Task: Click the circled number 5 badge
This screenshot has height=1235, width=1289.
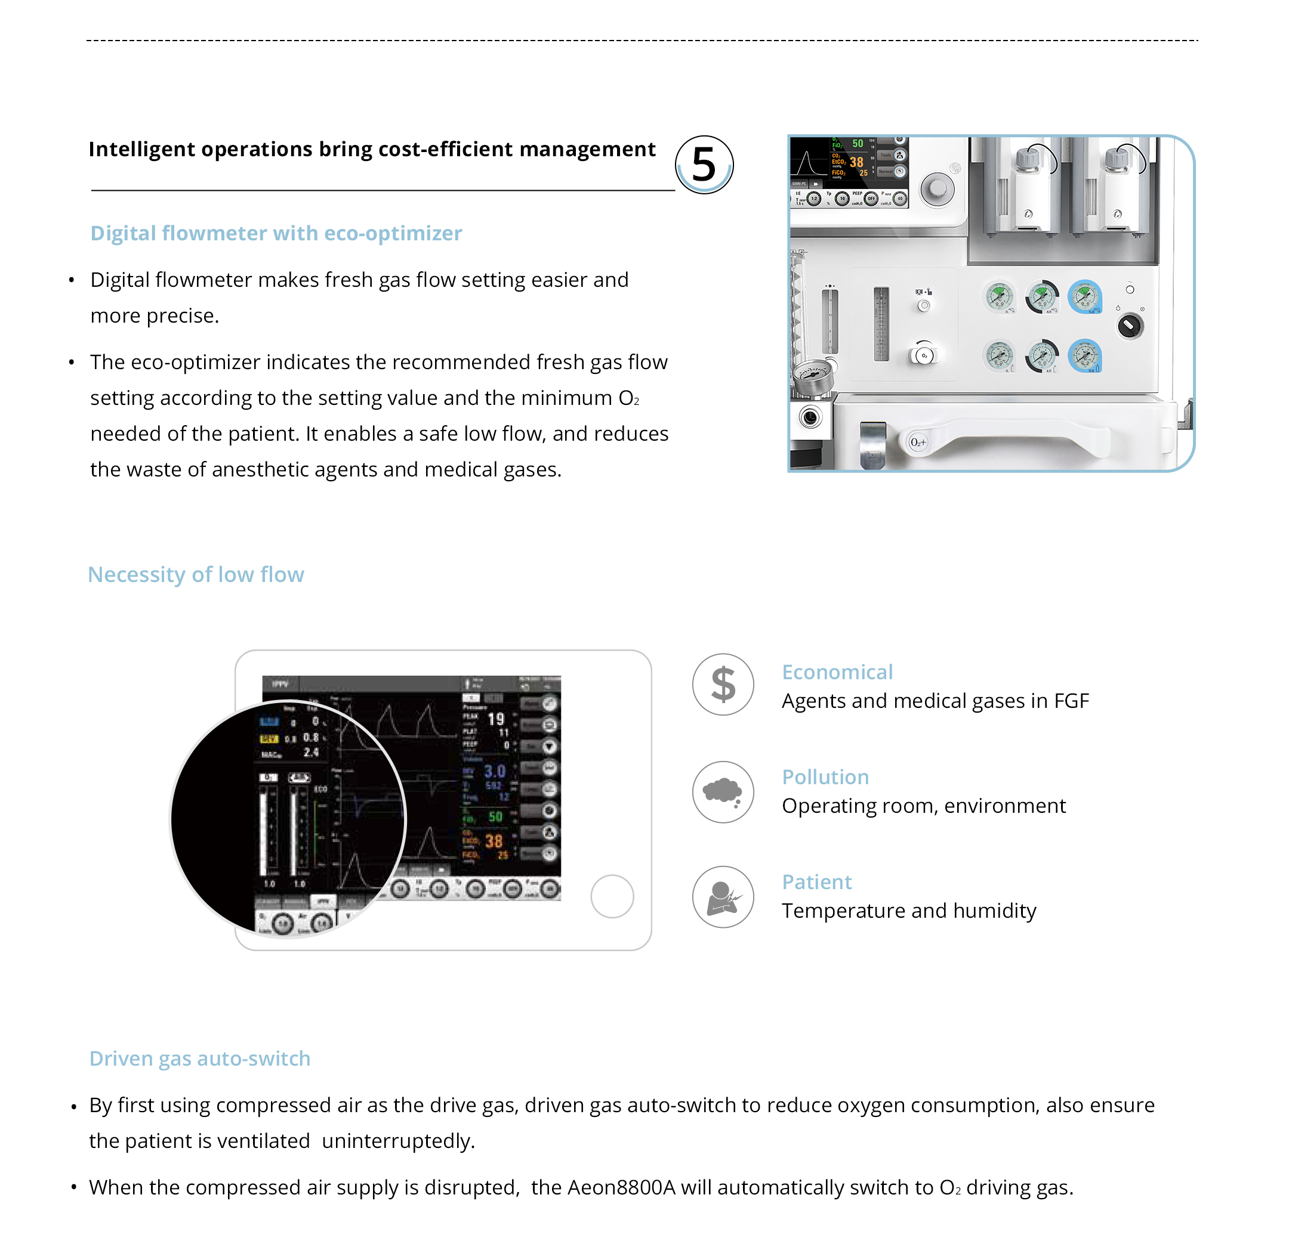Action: [704, 165]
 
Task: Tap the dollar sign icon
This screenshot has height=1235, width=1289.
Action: [723, 684]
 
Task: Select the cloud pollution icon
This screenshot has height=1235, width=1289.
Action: [723, 791]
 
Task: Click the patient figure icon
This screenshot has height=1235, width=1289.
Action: [723, 896]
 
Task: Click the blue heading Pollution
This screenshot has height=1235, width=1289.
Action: [825, 777]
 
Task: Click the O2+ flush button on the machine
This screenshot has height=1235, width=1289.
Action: [918, 442]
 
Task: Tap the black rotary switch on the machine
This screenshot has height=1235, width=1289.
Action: [1130, 326]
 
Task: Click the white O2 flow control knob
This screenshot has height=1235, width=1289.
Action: [924, 355]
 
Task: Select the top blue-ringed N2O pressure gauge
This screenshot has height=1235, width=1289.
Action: [1084, 297]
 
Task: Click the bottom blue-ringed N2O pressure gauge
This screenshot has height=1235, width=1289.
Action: [1084, 355]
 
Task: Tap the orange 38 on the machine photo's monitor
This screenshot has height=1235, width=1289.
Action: [856, 162]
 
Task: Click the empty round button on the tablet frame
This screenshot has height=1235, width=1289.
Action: [612, 896]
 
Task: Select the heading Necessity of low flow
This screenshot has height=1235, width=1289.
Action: [196, 574]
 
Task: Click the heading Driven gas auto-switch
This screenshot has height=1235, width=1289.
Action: [200, 1058]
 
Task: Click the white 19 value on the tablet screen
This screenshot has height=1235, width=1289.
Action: [496, 719]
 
